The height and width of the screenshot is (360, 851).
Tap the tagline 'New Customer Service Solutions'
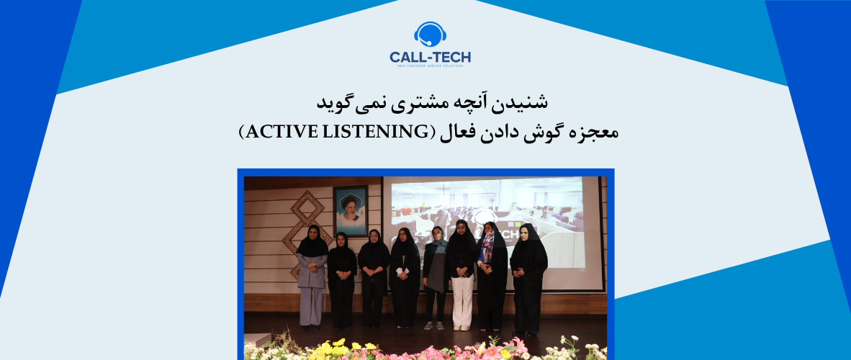pos(430,67)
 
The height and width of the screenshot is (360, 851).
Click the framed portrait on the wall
pos(351,210)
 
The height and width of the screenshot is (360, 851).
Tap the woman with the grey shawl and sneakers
pos(435,274)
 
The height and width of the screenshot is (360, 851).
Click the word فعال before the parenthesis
pos(451,132)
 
